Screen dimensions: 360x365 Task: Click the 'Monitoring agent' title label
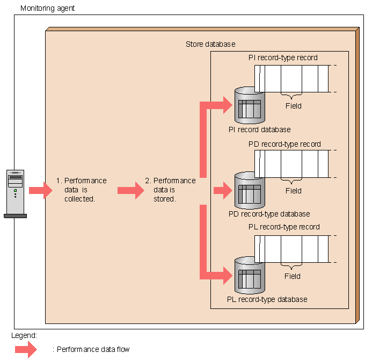coord(47,9)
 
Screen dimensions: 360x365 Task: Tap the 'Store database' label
coord(210,44)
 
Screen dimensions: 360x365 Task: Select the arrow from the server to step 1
coord(39,190)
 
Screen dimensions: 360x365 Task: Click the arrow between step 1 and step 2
coord(130,190)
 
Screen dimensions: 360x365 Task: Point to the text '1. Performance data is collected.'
coord(82,190)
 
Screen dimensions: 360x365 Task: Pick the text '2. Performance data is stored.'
coord(170,190)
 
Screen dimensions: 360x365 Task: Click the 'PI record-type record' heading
coord(283,57)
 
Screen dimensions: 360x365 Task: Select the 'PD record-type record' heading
coord(284,144)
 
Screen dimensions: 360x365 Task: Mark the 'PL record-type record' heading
coord(284,227)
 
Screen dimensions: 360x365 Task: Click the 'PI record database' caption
coord(259,129)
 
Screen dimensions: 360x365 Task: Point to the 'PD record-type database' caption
coord(269,214)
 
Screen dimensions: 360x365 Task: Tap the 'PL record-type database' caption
coord(267,299)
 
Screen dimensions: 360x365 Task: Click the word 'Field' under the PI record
coord(293,106)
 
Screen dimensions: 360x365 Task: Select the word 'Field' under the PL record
coord(293,276)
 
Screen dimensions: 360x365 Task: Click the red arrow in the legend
coord(25,349)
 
